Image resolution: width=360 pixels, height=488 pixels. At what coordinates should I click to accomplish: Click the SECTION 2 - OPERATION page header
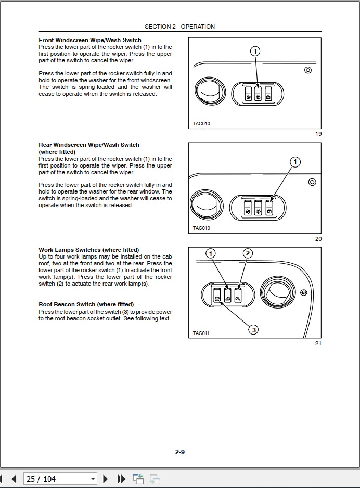pos(179,27)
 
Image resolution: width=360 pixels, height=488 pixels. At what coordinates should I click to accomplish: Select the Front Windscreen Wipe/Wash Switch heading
pos(90,40)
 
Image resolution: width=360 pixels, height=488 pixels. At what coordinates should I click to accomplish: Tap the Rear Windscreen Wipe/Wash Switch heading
pos(89,145)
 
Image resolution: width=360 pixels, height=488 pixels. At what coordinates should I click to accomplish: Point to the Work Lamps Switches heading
pos(89,250)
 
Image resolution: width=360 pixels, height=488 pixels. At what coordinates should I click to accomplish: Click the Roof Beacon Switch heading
pos(86,304)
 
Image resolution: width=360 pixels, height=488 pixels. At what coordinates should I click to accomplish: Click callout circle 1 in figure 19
pos(255,51)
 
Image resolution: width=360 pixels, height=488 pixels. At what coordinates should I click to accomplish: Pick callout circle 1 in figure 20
pos(295,162)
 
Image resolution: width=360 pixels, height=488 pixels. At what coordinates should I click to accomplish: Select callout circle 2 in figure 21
pos(248,253)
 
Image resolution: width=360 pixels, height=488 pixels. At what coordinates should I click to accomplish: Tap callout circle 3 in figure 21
pos(253,329)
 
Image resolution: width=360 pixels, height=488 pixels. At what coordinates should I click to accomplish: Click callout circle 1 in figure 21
pos(210,253)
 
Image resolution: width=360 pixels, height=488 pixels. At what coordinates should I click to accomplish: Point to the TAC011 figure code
pos(201,333)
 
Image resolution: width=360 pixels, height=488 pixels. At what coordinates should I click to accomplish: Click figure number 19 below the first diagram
pos(318,134)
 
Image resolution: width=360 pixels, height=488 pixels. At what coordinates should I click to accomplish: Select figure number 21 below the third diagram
pos(318,343)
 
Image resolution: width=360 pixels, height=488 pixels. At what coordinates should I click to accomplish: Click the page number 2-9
pos(180,452)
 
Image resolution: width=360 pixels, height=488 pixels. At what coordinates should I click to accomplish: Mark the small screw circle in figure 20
pos(312,182)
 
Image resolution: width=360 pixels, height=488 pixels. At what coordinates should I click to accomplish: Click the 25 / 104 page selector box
pos(60,479)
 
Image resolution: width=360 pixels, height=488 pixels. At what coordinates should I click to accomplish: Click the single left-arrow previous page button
pos(14,479)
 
